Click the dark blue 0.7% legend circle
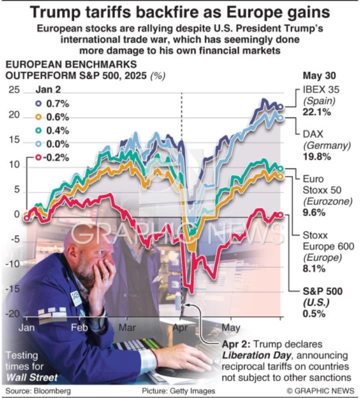[x=38, y=104]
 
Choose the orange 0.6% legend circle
[x=38, y=117]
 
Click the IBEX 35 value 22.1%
[x=317, y=112]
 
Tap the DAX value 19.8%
[x=317, y=156]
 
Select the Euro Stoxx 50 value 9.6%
[x=314, y=212]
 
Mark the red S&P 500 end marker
[x=280, y=214]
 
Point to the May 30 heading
[x=319, y=76]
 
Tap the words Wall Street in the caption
[x=33, y=376]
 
